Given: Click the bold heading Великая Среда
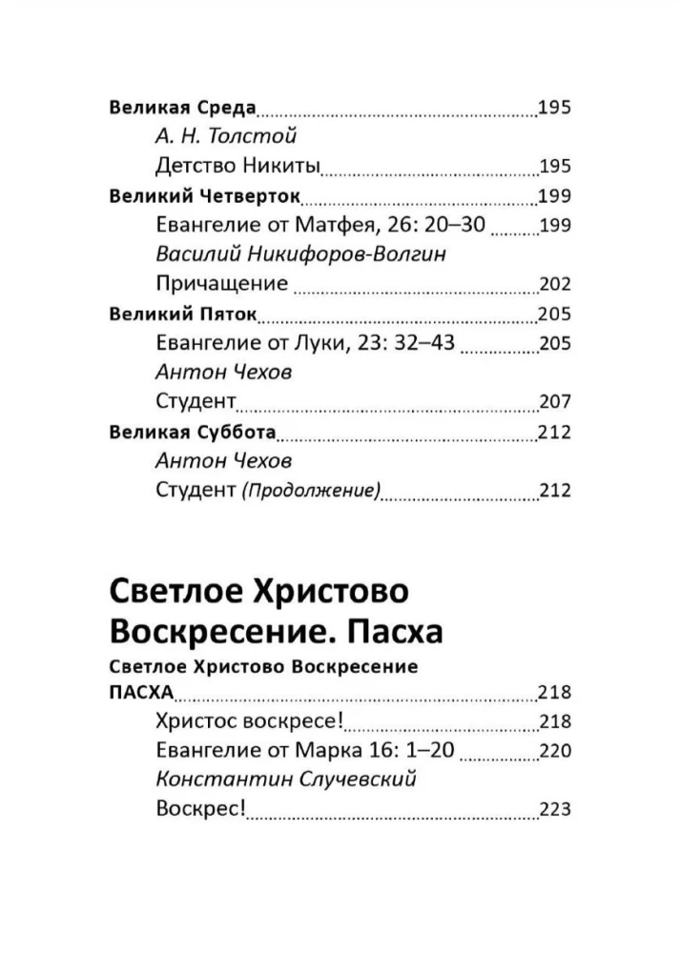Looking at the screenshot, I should pyautogui.click(x=183, y=107).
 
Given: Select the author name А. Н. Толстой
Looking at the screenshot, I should pyautogui.click(x=226, y=136).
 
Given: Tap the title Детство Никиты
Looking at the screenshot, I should pyautogui.click(x=237, y=166).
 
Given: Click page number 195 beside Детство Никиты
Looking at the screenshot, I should pyautogui.click(x=554, y=166).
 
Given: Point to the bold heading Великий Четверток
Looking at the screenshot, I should pyautogui.click(x=205, y=196).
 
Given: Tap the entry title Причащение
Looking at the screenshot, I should pyautogui.click(x=220, y=283).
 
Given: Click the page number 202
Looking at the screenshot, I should pyautogui.click(x=554, y=283).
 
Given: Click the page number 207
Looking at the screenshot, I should pyautogui.click(x=554, y=401).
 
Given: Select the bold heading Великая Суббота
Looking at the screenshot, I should pyautogui.click(x=193, y=432).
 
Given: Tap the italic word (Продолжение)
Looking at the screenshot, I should pyautogui.click(x=311, y=491).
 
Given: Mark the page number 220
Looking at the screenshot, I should pyautogui.click(x=554, y=750).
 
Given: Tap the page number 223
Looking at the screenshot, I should pyautogui.click(x=554, y=809).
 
